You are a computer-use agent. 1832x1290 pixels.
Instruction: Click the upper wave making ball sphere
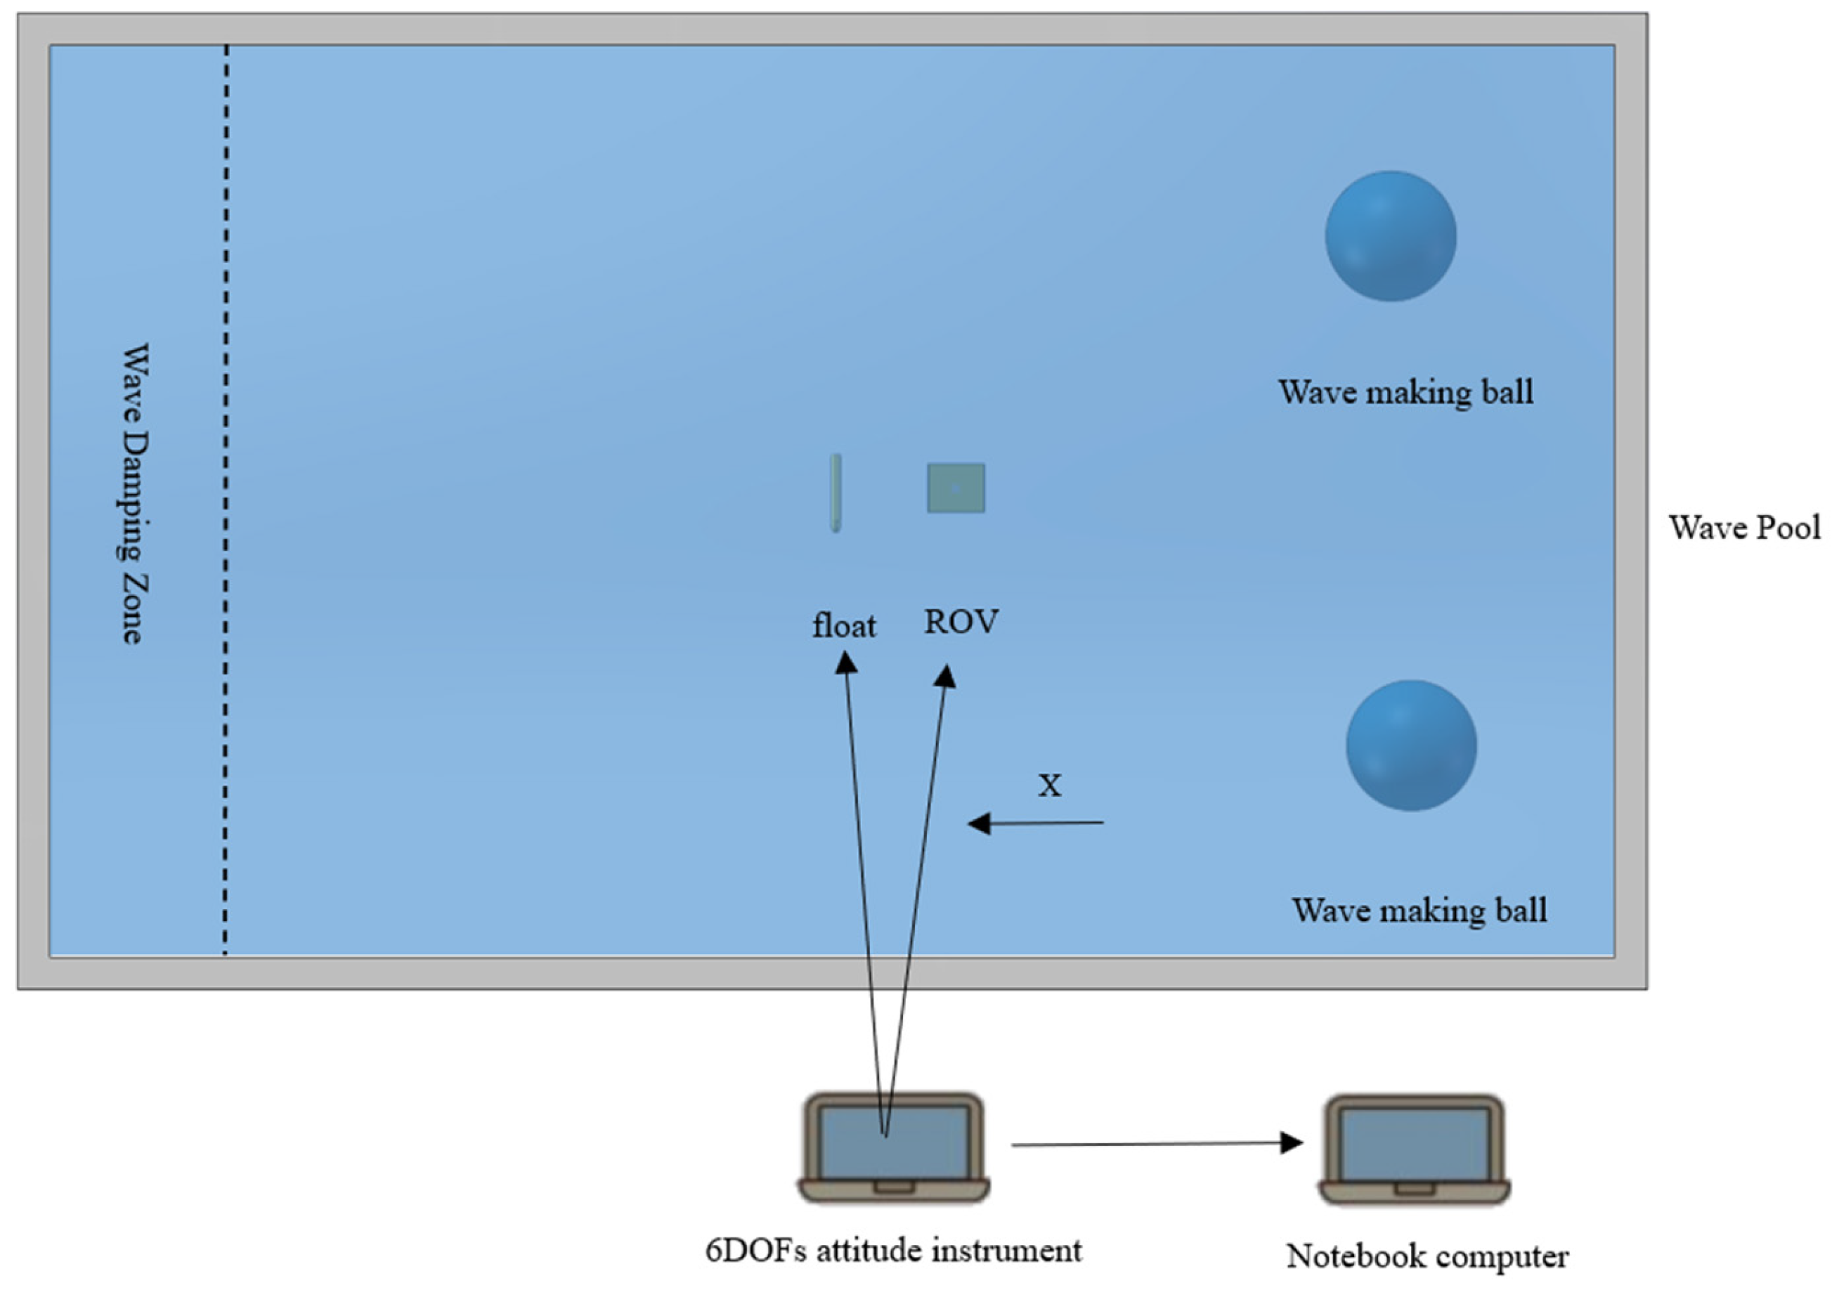(x=1390, y=236)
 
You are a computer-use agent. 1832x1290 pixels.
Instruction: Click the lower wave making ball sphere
(x=1410, y=745)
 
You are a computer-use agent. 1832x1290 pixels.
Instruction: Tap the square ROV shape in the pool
(x=955, y=488)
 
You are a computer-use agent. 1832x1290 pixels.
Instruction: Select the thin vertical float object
(x=835, y=493)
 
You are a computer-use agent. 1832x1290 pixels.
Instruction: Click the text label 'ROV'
(x=961, y=623)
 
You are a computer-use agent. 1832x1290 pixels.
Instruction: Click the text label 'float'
(x=843, y=625)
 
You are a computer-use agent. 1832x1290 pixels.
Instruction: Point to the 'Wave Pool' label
(x=1744, y=528)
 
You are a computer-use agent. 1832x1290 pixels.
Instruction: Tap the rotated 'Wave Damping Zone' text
(x=135, y=494)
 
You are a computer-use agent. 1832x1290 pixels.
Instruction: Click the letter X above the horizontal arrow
(x=1049, y=786)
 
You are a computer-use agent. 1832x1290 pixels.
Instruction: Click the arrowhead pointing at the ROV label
(x=947, y=677)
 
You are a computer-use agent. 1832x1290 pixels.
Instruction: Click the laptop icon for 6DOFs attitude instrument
(x=894, y=1147)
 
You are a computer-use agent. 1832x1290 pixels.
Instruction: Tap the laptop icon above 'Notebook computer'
(x=1414, y=1149)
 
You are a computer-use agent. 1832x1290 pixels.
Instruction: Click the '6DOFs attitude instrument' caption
(x=893, y=1250)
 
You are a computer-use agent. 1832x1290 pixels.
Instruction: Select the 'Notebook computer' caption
(x=1427, y=1256)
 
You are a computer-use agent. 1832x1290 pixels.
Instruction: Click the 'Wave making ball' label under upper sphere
(x=1406, y=391)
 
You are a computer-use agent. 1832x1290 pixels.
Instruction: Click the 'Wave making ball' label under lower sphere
(x=1420, y=911)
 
